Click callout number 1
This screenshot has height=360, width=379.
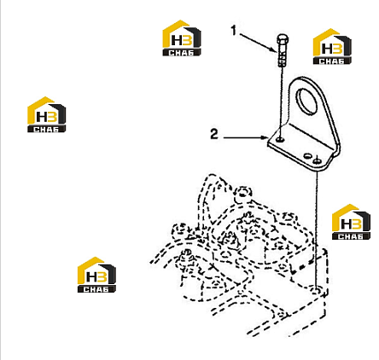click(234, 31)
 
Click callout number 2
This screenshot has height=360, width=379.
click(214, 134)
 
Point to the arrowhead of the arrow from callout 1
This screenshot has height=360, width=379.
click(274, 49)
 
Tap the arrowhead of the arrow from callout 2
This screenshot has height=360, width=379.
click(265, 138)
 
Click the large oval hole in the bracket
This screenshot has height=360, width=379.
click(306, 101)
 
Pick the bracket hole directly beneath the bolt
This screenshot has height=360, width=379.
click(281, 139)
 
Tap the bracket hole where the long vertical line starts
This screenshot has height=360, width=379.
click(317, 161)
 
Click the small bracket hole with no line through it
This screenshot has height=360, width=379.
click(307, 156)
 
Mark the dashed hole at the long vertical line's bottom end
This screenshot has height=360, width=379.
click(316, 291)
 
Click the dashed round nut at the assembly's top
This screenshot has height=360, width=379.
click(242, 193)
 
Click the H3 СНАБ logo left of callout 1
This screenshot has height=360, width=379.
click(182, 38)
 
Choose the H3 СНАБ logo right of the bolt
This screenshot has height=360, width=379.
click(332, 46)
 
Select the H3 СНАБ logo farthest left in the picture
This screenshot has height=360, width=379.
click(46, 114)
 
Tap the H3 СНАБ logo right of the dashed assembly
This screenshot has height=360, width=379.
click(351, 222)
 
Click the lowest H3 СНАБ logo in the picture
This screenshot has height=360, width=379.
click(96, 275)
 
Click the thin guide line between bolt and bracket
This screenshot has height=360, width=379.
click(281, 102)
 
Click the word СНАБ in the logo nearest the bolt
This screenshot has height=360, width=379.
click(332, 61)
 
